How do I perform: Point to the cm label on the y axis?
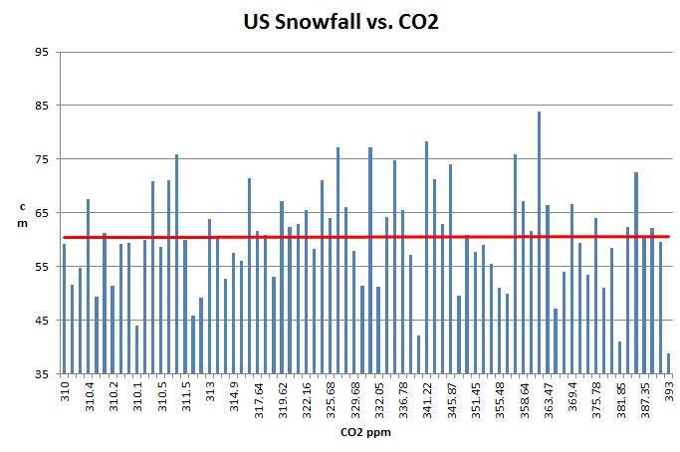click(x=23, y=213)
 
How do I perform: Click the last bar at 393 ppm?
click(x=668, y=363)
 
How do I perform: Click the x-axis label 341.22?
click(x=427, y=396)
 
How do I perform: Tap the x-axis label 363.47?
click(x=548, y=396)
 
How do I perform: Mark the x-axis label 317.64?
click(x=258, y=396)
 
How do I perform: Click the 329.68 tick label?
click(x=354, y=396)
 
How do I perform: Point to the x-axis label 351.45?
click(x=475, y=396)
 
